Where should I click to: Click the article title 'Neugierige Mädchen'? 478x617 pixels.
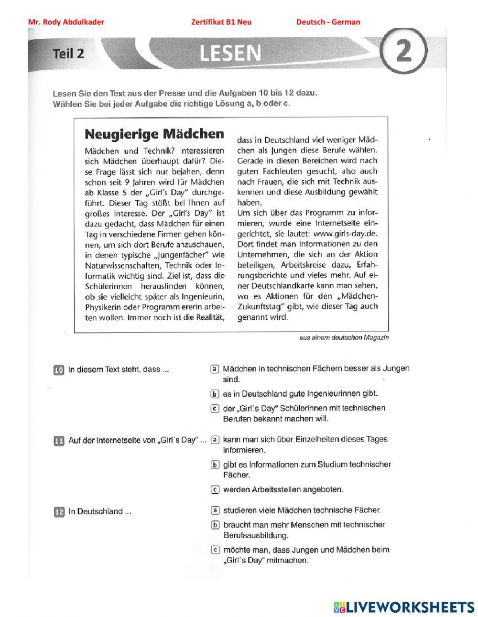[x=154, y=133]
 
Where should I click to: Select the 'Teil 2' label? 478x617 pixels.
[x=68, y=54]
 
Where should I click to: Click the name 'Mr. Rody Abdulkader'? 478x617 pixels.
[x=66, y=22]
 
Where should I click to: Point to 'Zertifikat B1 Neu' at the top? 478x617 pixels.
[x=221, y=22]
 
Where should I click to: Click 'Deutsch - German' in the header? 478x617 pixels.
[x=328, y=22]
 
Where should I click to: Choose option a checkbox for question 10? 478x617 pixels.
[x=215, y=369]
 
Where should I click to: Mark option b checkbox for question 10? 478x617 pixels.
[x=215, y=394]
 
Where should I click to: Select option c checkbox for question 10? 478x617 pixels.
[x=215, y=409]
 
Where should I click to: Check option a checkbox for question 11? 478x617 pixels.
[x=215, y=439]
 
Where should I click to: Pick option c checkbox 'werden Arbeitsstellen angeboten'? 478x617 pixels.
[x=215, y=489]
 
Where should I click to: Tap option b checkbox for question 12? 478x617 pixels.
[x=215, y=525]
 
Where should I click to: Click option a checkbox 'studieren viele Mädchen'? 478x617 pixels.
[x=215, y=510]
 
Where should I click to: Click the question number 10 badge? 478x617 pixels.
[x=58, y=370]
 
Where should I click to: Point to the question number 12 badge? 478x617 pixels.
[x=58, y=512]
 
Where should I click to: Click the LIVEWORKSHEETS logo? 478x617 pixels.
[x=404, y=606]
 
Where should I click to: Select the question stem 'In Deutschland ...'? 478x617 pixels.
[x=100, y=512]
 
